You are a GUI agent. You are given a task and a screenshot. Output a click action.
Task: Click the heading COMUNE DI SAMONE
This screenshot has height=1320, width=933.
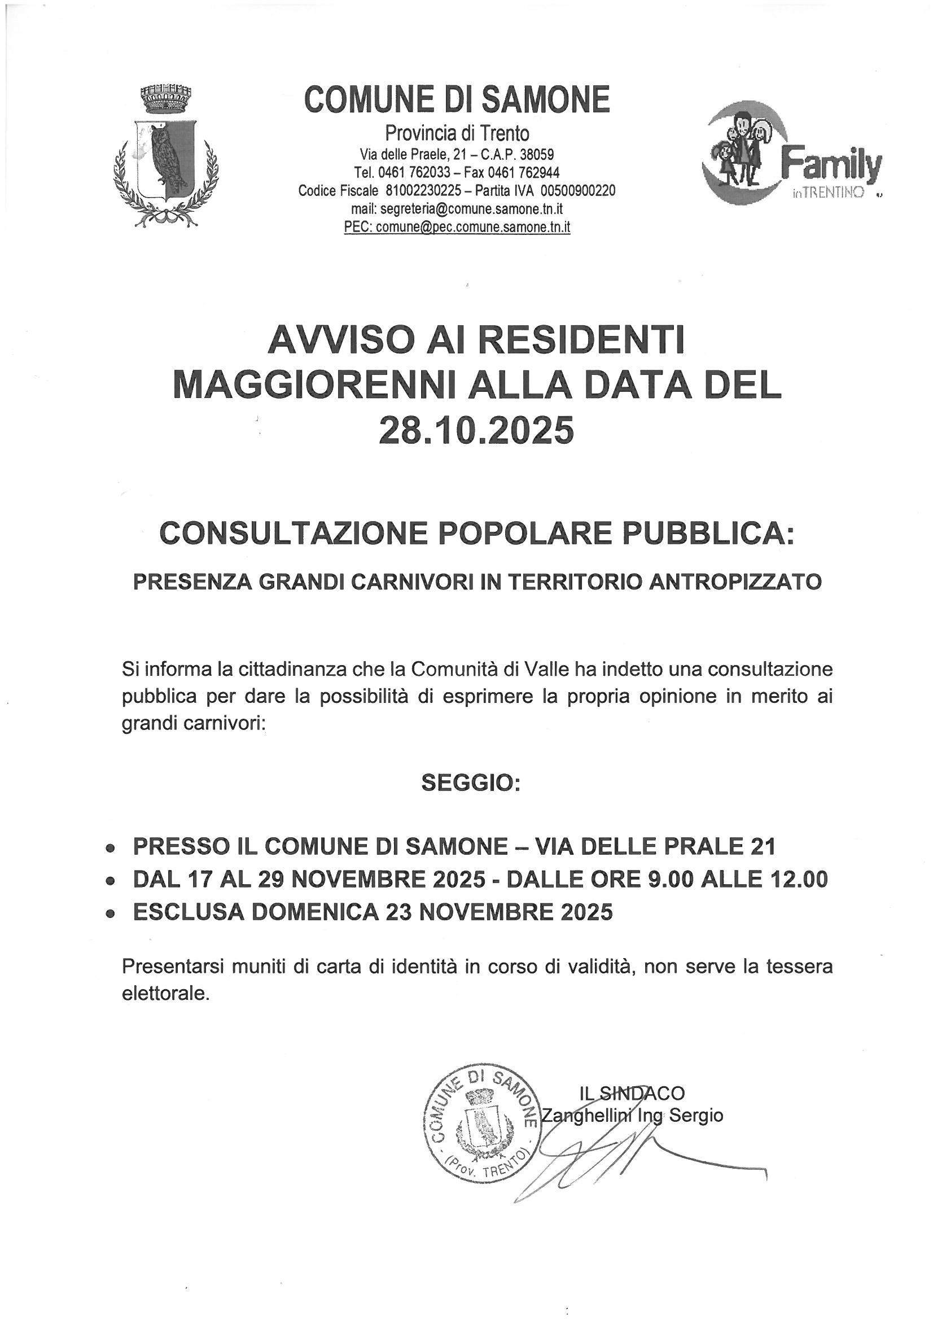[457, 99]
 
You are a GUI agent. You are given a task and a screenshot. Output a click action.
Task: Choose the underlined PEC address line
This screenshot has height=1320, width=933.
[457, 226]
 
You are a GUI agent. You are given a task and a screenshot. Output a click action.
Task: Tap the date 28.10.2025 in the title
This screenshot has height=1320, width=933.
[476, 431]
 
